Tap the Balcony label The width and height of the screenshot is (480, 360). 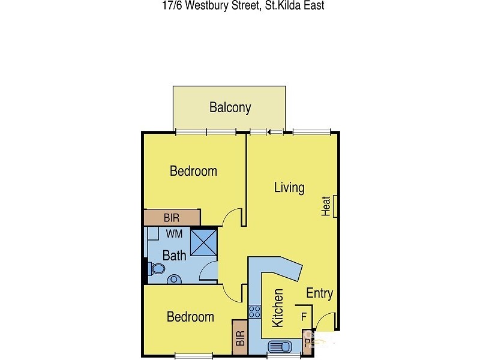coord(230,108)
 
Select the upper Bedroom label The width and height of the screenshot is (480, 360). coord(193,171)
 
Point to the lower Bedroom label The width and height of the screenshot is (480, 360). coord(190,317)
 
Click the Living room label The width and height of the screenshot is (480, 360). coord(289,187)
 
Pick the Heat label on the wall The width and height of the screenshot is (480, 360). coord(326,206)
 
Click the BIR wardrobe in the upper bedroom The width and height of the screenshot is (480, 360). coord(172,217)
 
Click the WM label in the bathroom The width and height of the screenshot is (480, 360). coord(174,233)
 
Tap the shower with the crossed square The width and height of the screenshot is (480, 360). coord(203,243)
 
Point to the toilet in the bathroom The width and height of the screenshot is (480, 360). coord(157,269)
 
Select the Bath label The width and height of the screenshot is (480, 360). coord(174,256)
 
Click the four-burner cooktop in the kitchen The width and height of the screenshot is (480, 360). coord(254,312)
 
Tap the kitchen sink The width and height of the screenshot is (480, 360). coord(280,347)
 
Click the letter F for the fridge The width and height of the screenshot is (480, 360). coord(304,316)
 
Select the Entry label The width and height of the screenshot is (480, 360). coord(319,293)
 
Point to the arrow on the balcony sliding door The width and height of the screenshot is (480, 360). coord(269,132)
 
